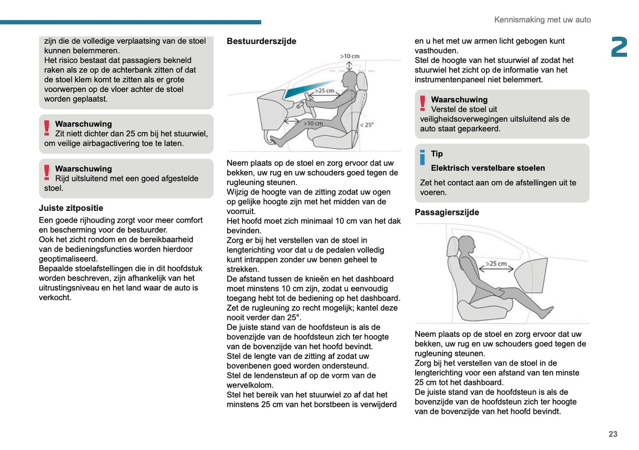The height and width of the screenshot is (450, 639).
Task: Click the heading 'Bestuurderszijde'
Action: [261, 41]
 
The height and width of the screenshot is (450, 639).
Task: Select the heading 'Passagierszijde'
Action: [447, 212]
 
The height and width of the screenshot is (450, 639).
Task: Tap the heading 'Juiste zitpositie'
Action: [71, 208]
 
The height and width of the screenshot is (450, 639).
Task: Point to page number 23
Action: [612, 434]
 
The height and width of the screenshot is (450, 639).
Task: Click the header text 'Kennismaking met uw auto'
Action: [542, 20]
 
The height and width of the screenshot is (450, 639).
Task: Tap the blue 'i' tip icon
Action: [422, 157]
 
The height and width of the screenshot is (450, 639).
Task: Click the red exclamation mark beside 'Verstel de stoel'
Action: [423, 103]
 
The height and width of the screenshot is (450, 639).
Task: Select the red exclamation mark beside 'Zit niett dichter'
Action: [47, 128]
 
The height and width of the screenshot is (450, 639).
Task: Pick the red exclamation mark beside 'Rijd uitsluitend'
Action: [47, 172]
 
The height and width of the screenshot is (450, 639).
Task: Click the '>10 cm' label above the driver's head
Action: [349, 56]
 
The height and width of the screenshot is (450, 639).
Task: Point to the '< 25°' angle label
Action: [367, 125]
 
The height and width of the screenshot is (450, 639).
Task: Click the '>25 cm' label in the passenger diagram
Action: [496, 264]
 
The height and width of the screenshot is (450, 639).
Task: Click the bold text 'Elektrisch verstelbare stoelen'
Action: [488, 168]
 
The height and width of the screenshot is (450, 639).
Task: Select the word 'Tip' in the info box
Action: [437, 154]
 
